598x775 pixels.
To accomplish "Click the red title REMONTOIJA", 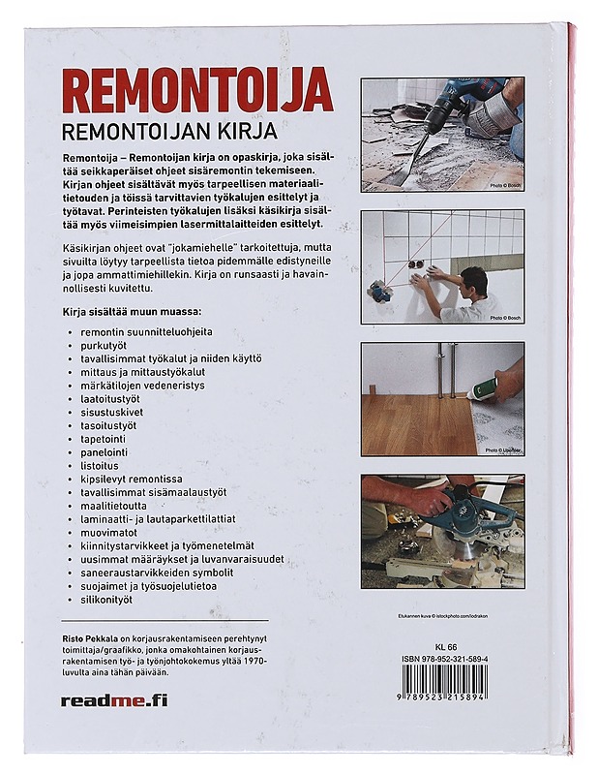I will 197,91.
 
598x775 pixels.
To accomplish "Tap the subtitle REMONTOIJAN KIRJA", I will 168,131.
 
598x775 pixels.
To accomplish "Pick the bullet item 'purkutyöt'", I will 107,345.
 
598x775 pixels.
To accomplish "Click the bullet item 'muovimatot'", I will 109,532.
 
